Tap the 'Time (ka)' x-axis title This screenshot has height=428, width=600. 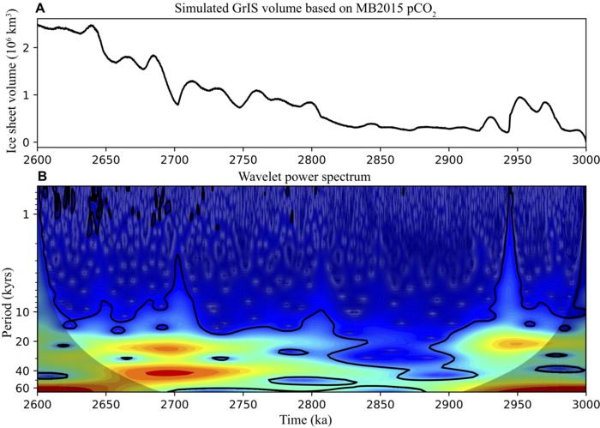311,419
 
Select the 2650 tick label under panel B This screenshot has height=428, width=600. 105,403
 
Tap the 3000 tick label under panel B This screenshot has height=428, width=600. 585,403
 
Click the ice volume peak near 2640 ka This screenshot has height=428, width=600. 91,26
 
